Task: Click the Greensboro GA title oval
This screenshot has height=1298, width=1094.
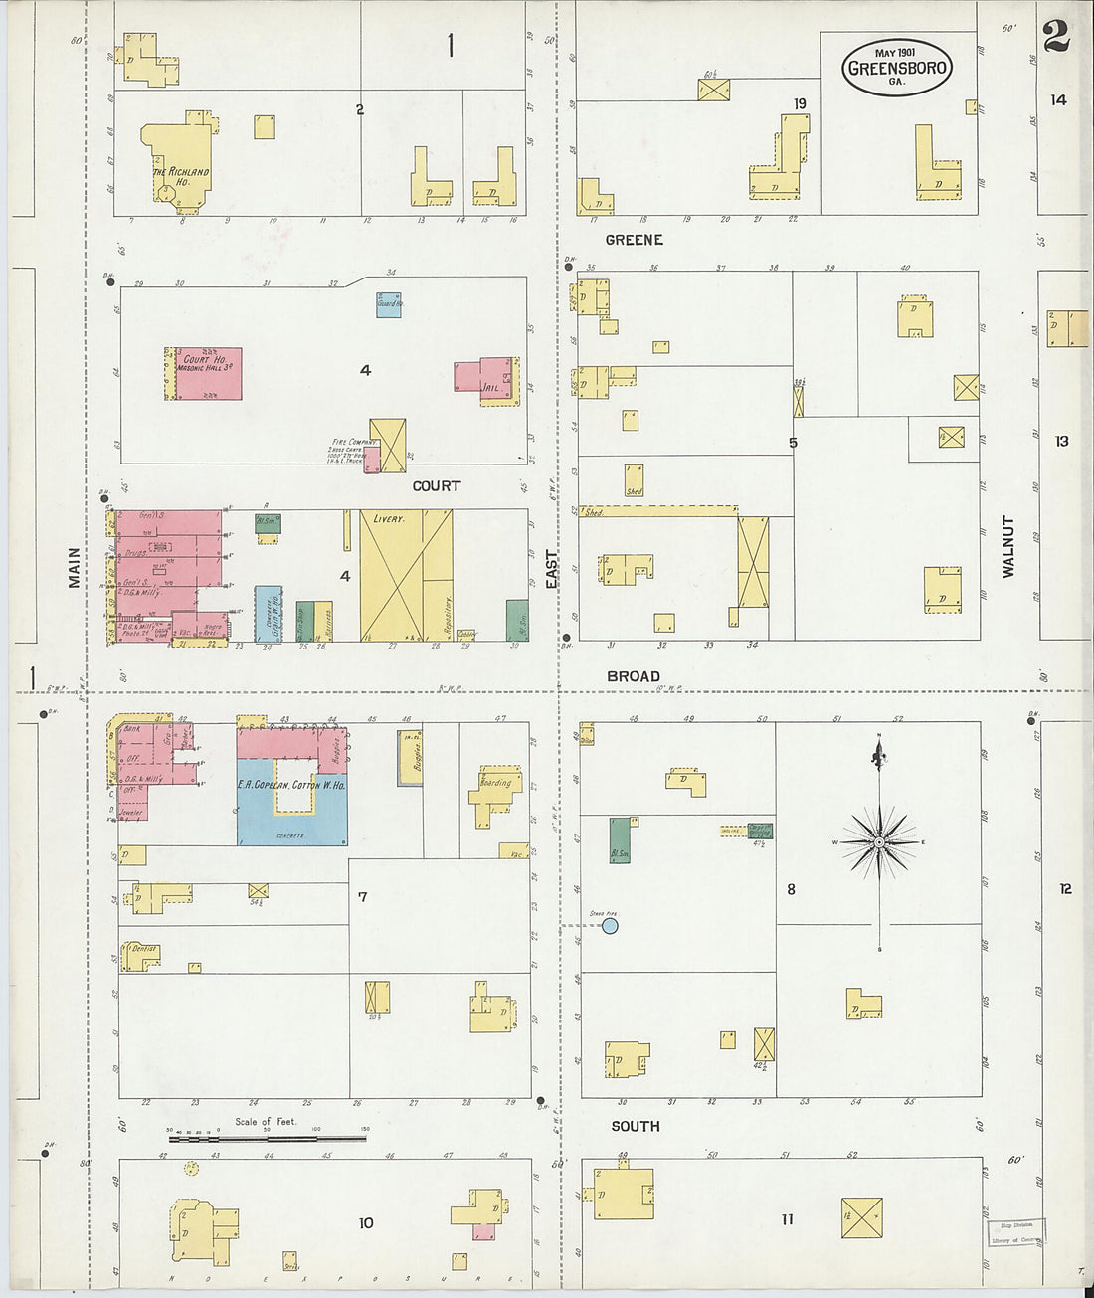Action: click(x=896, y=68)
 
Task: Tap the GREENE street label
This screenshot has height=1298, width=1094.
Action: click(x=634, y=240)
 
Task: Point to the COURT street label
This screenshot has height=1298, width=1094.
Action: click(x=436, y=486)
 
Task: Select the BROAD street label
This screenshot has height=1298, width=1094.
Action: click(x=634, y=676)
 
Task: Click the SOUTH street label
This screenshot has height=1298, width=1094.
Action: click(x=636, y=1126)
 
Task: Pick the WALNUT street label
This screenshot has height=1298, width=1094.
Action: click(x=1008, y=546)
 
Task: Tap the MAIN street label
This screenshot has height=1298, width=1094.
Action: click(x=75, y=568)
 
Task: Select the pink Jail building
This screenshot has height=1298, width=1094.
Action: click(x=487, y=380)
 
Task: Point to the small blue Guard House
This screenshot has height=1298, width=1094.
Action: click(x=389, y=304)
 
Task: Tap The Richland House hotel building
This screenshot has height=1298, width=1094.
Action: click(x=180, y=164)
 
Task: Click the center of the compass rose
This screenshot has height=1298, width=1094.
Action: click(x=879, y=842)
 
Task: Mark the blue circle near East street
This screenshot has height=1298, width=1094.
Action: click(x=610, y=926)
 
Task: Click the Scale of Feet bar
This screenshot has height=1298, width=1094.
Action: click(x=267, y=1136)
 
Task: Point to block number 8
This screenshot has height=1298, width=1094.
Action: click(x=791, y=889)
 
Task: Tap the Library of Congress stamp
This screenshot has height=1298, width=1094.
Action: click(x=1016, y=1232)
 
